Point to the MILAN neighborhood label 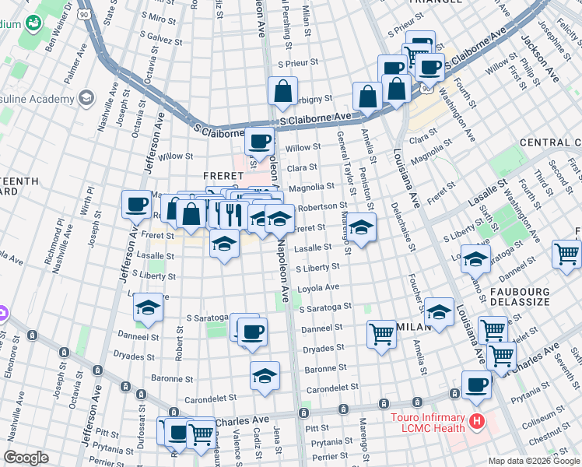[411, 327]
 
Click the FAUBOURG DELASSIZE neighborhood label [549, 298]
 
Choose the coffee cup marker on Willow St [260, 142]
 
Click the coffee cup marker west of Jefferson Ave [137, 204]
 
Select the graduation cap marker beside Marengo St [361, 228]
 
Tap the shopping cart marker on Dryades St [381, 334]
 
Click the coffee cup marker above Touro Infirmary [476, 384]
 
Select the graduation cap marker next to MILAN [440, 312]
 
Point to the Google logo [26, 458]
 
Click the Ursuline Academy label [45, 98]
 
